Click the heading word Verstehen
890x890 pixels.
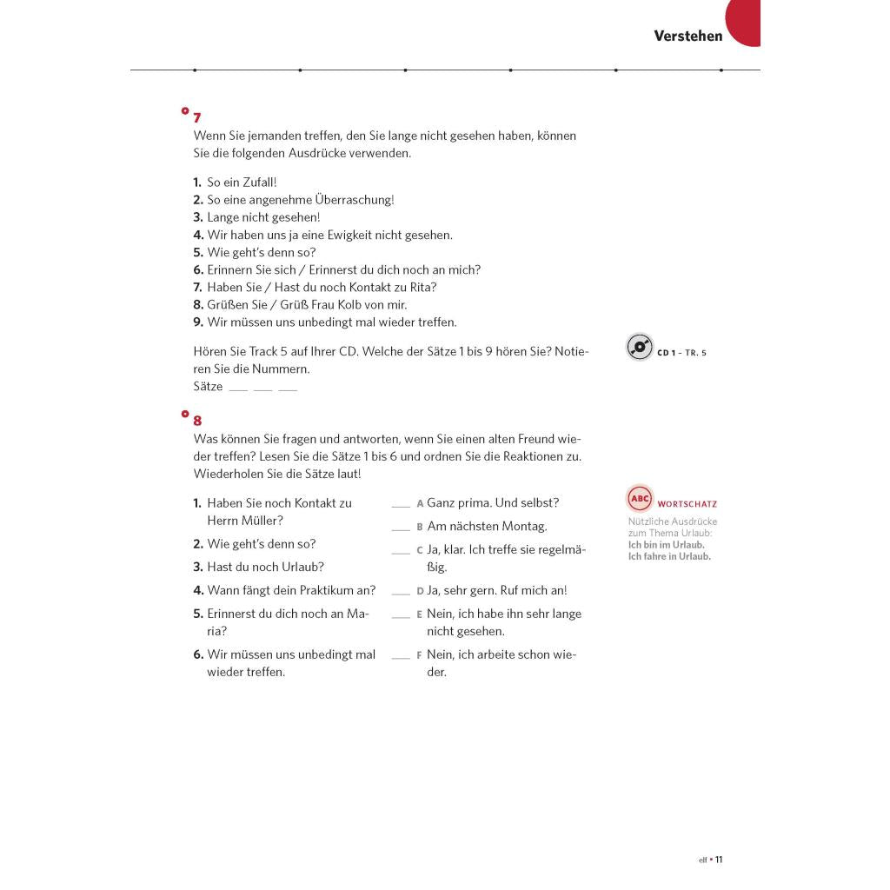point(687,36)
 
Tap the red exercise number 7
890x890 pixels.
point(197,117)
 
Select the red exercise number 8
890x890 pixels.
point(197,421)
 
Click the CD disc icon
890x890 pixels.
point(640,348)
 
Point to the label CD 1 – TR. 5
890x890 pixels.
point(682,353)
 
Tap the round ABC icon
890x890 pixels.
point(640,499)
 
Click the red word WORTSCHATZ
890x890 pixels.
point(687,504)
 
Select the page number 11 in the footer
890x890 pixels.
point(719,860)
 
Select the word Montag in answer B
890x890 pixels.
point(524,527)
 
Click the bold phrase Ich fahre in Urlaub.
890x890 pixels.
point(669,556)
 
